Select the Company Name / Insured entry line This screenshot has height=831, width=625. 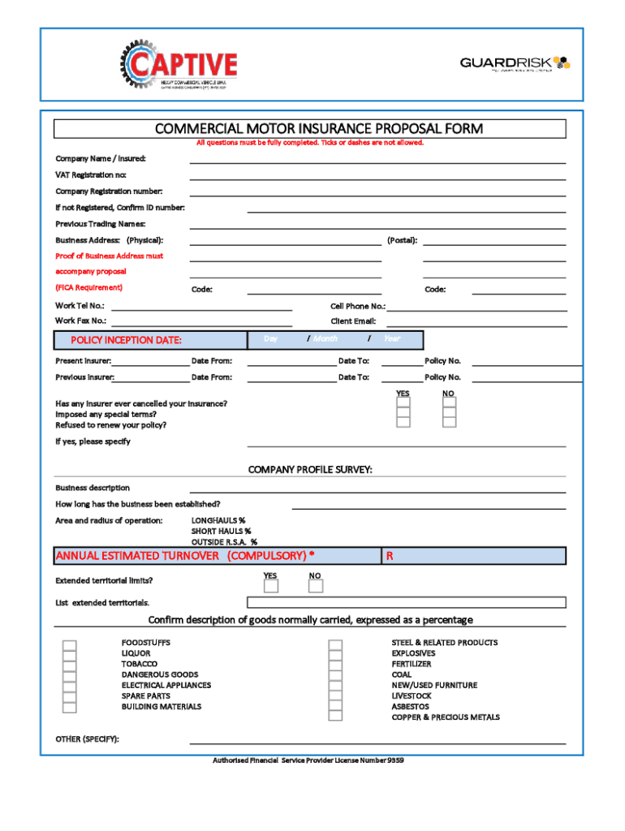[x=377, y=159]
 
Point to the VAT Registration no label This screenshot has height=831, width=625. [x=91, y=175]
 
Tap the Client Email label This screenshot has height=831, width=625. [x=353, y=321]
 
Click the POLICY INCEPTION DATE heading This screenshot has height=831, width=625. [x=126, y=340]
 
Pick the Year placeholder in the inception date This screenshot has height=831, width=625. [x=392, y=338]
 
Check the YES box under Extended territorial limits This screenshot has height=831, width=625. [x=270, y=586]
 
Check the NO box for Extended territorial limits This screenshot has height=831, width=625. [x=316, y=586]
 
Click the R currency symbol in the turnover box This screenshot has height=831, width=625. [x=390, y=556]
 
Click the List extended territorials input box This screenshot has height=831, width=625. [x=406, y=602]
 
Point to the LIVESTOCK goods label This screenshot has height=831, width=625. [x=412, y=696]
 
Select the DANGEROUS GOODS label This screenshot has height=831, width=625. [x=160, y=674]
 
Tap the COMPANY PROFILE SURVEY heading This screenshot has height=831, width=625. [x=309, y=470]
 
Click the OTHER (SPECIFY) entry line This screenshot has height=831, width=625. [x=377, y=740]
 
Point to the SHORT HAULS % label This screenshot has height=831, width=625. [x=221, y=531]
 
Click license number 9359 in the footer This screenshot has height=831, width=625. [x=395, y=760]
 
